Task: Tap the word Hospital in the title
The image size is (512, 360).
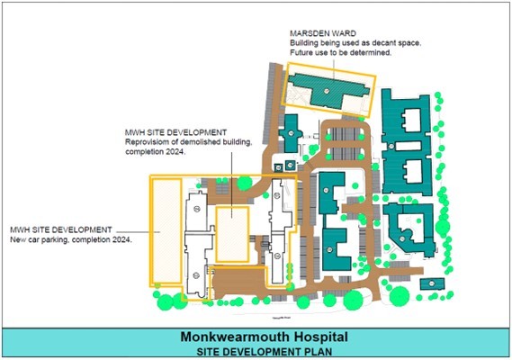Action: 300,337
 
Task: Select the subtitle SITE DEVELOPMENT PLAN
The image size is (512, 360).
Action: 255,350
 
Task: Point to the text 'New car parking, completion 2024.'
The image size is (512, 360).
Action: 71,240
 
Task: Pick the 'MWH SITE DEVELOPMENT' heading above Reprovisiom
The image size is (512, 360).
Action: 175,134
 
